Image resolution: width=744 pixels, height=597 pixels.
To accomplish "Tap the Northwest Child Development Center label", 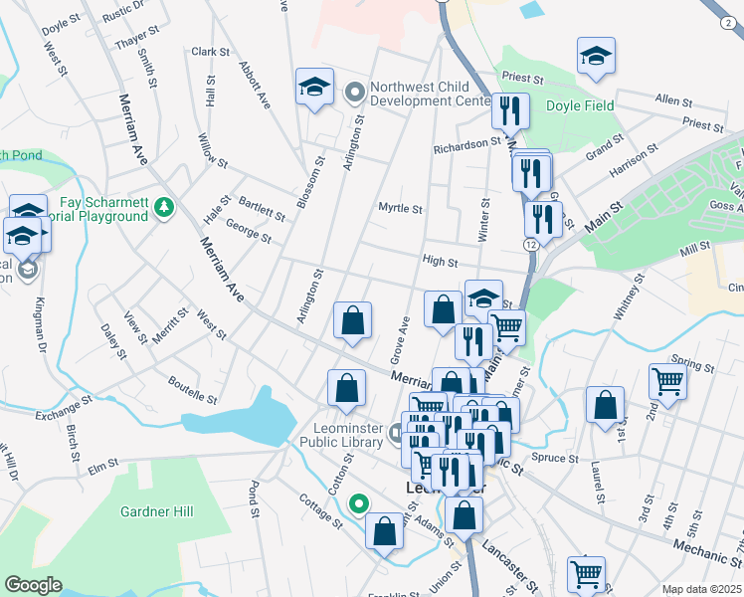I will pyautogui.click(x=430, y=94).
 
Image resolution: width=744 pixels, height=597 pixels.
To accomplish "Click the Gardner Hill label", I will pyautogui.click(x=157, y=511).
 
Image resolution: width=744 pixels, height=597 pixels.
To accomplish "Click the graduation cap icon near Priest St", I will pyautogui.click(x=596, y=56).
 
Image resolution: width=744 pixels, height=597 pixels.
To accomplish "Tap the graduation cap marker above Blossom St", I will pyautogui.click(x=313, y=86).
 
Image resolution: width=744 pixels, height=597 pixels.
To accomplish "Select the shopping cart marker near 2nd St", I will pyautogui.click(x=667, y=381).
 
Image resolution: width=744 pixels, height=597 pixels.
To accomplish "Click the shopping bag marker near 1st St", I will pyautogui.click(x=605, y=404).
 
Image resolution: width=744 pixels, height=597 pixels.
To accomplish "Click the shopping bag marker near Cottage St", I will pyautogui.click(x=384, y=529).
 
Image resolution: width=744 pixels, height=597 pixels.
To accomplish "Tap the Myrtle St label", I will pyautogui.click(x=401, y=209).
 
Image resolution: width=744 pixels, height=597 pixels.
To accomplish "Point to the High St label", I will pyautogui.click(x=440, y=263).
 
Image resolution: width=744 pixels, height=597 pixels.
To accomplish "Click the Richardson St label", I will pyautogui.click(x=466, y=145).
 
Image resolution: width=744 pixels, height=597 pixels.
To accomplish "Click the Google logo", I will pyautogui.click(x=34, y=585).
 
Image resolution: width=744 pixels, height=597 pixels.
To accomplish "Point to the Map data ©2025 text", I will pyautogui.click(x=702, y=589).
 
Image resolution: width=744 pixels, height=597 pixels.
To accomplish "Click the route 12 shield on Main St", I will pyautogui.click(x=533, y=244).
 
